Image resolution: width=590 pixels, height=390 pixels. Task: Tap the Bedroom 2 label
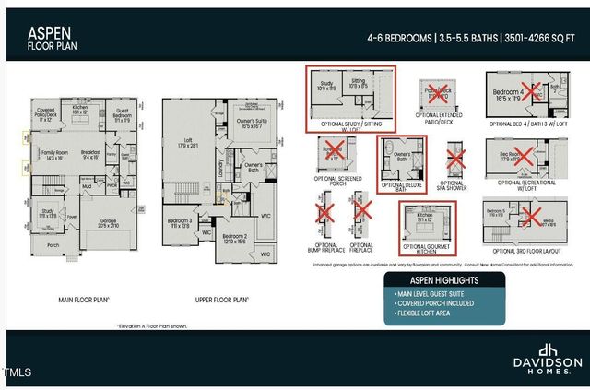[x=234, y=238]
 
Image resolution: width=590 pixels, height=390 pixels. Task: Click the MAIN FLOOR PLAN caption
[x=85, y=301]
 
